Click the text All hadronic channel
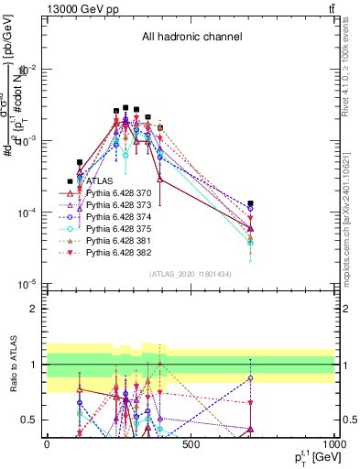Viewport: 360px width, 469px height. click(x=191, y=38)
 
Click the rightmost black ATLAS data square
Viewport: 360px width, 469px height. click(x=250, y=203)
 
